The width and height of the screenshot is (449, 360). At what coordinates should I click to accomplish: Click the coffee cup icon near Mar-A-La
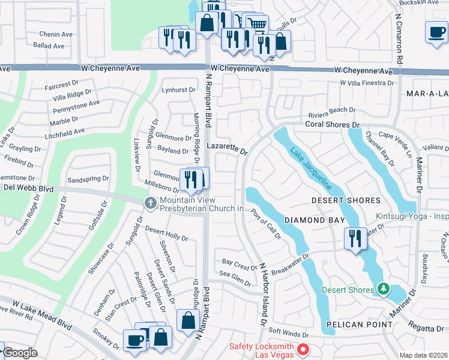(436, 32)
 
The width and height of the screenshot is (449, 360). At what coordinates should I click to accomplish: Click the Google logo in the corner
(20, 353)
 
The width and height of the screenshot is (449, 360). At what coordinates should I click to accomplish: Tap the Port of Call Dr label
(266, 223)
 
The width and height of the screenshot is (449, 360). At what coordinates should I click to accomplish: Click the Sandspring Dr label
(88, 178)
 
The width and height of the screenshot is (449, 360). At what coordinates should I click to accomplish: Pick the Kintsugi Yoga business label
(412, 217)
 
